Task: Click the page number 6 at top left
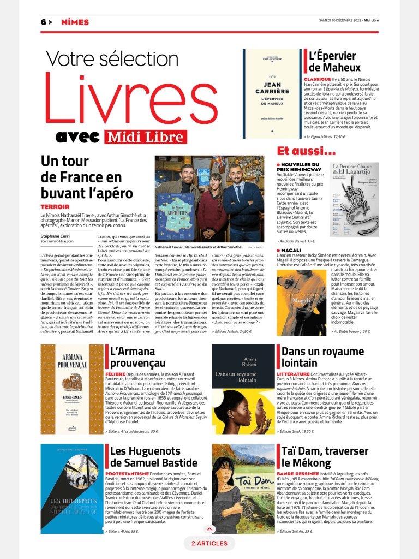43,22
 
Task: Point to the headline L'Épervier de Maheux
334,61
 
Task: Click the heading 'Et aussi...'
306,151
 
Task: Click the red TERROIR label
55,207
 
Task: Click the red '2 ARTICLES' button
209,544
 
